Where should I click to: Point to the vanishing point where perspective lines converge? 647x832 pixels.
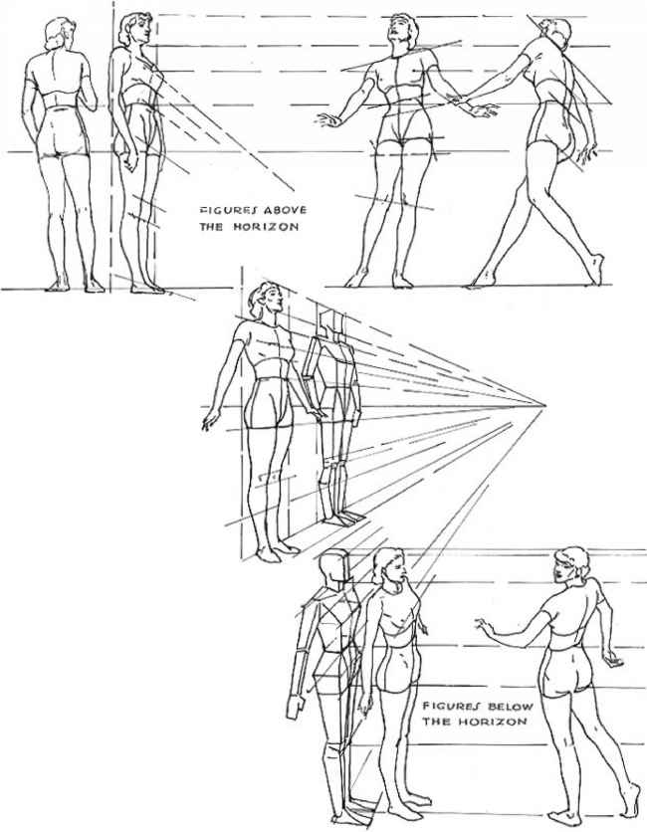(x=543, y=405)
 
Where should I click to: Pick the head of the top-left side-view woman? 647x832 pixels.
(x=133, y=31)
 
